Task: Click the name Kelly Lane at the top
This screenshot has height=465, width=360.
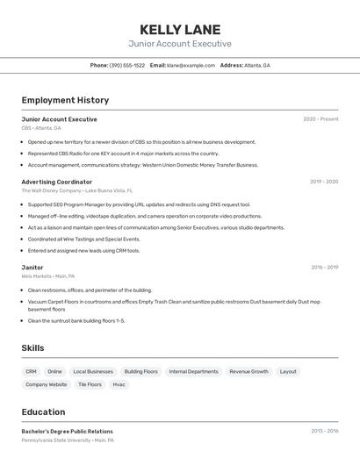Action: point(180,30)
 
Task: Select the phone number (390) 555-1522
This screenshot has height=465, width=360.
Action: point(127,65)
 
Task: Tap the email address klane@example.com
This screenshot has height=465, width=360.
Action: point(191,65)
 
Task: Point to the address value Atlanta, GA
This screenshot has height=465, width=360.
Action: point(257,65)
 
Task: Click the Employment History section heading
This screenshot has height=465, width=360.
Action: point(65,100)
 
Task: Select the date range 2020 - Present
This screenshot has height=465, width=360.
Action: point(320,119)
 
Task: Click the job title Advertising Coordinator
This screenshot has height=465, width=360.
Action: point(57,182)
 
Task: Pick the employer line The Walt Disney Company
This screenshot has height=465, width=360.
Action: point(52,190)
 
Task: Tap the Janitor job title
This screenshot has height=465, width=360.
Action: point(32,267)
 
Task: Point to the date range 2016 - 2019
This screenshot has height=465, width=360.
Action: point(324,267)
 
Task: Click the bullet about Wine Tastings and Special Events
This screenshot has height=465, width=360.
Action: point(83,239)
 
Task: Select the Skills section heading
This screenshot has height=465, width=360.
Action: point(33,348)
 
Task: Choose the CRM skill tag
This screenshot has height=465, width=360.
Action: point(32,371)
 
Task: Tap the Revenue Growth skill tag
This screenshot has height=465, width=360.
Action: point(249,371)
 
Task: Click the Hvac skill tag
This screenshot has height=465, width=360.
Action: point(119,384)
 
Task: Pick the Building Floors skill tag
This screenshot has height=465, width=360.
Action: point(140,371)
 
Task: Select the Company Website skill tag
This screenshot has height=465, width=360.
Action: point(47,384)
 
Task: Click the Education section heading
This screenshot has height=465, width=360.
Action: point(44,411)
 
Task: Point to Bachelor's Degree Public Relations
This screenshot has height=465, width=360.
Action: point(68,431)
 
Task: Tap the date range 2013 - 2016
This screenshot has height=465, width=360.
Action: point(324,431)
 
